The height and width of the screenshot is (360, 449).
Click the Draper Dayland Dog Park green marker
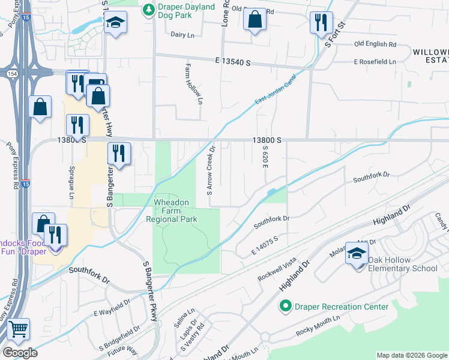[x=148, y=10]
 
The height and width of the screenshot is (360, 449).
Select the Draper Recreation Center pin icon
[x=286, y=307]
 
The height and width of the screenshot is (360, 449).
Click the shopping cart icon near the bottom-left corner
[x=19, y=329]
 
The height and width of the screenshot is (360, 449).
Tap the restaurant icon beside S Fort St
[x=321, y=22]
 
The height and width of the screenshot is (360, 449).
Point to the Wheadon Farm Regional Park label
[x=172, y=211]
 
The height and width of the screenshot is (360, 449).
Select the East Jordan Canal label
[x=275, y=91]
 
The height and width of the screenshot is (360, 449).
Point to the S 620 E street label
[x=264, y=157]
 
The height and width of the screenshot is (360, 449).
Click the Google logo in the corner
[x=20, y=353]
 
